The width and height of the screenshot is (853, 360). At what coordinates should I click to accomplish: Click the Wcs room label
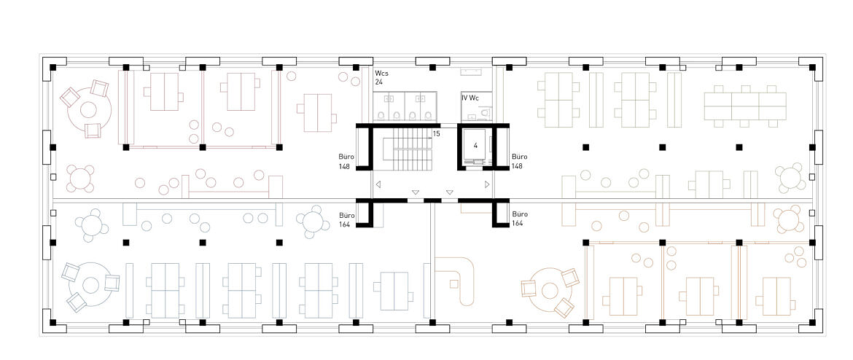tap(381, 73)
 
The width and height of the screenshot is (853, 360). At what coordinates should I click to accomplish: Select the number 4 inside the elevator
tap(475, 146)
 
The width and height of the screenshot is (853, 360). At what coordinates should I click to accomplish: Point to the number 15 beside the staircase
tap(436, 133)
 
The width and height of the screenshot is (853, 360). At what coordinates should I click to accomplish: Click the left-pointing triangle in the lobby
tap(378, 185)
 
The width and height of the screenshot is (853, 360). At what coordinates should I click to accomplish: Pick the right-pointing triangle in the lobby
tap(487, 185)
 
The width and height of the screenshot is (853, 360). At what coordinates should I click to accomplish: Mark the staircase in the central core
tap(408, 149)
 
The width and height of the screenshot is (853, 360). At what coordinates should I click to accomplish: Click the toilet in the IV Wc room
tap(485, 114)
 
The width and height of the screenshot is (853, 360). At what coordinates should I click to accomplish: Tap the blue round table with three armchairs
tap(90, 284)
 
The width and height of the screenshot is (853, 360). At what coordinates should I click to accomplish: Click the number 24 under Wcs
tap(379, 82)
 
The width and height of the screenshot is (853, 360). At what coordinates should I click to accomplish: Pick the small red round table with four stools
tap(80, 179)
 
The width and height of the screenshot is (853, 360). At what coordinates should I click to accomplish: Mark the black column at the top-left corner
tap(52, 68)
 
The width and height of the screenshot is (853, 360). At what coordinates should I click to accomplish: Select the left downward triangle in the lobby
tap(416, 192)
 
